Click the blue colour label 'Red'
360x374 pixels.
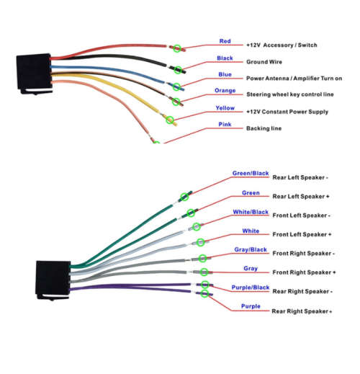coord(225,41)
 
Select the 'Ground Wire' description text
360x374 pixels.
coord(264,62)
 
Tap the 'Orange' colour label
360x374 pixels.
coord(225,91)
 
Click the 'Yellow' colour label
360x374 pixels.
coord(225,108)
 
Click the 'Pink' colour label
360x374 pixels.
coord(225,124)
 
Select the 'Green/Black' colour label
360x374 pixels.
coord(251,174)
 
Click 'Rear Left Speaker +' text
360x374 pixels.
coord(300,197)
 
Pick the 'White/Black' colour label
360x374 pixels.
coord(251,212)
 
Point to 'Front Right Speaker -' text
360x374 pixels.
coord(301,254)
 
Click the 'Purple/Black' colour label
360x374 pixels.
coord(251,288)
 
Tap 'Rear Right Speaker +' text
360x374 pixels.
coord(302,311)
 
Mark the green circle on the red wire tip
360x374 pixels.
coord(177,48)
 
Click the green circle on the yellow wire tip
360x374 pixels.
coord(170,119)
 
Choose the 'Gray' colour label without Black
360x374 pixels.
coord(251,269)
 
